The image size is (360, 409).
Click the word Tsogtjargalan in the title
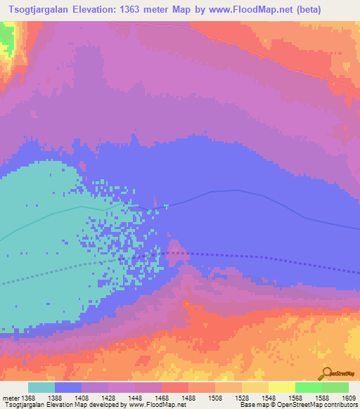pyautogui.click(x=44, y=10)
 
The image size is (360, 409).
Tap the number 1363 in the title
pyautogui.click(x=155, y=10)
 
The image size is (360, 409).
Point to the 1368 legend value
pyautogui.click(x=27, y=398)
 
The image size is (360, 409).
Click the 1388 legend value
pyautogui.click(x=54, y=398)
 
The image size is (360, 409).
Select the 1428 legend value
pyautogui.click(x=108, y=398)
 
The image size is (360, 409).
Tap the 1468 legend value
pyautogui.click(x=161, y=398)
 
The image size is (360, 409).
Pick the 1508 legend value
pyautogui.click(x=214, y=398)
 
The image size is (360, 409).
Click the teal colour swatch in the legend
pyautogui.click(x=41, y=387)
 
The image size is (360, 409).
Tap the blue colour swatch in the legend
pyautogui.click(x=68, y=387)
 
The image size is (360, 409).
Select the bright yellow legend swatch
pyautogui.click(x=281, y=387)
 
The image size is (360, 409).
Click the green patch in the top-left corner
pyautogui.click(x=6, y=39)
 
